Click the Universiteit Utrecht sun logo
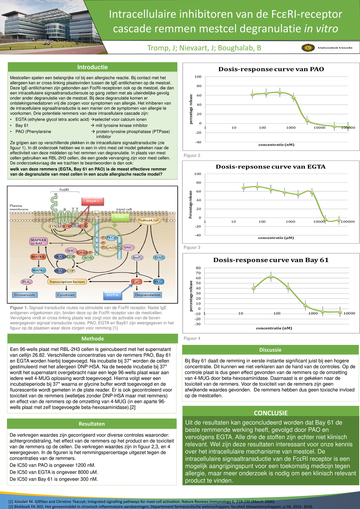click(x=308, y=48)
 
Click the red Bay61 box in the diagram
click(x=93, y=201)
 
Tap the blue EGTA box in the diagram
click(x=112, y=295)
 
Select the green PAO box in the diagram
click(x=120, y=217)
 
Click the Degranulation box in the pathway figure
click(x=148, y=295)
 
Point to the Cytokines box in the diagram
click(x=66, y=295)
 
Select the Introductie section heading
click(x=92, y=67)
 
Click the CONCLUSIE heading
click(x=271, y=413)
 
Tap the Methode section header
click(x=92, y=339)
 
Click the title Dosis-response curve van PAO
click(x=271, y=69)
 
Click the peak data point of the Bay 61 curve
click(x=271, y=277)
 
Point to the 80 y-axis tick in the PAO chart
click(x=198, y=86)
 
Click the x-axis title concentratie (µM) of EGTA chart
click(x=276, y=238)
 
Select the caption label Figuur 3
click(x=192, y=247)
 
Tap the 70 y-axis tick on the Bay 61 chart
click(x=198, y=273)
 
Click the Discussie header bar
click(x=270, y=350)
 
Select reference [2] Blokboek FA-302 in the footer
click(x=160, y=507)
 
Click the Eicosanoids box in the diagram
click(x=25, y=295)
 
